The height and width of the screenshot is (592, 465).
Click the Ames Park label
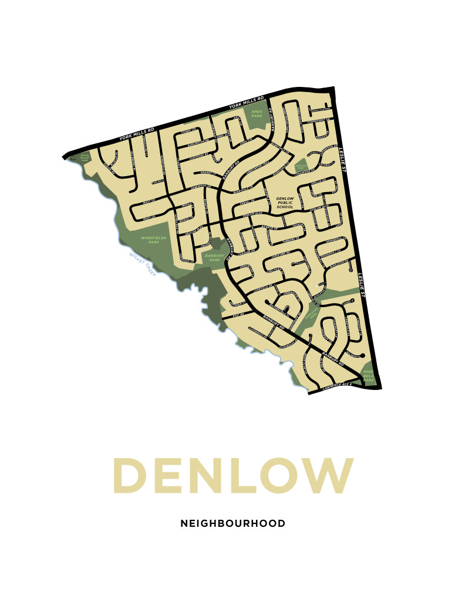tap(257, 113)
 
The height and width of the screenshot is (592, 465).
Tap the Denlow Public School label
tap(285, 203)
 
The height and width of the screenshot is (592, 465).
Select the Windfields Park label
tap(154, 240)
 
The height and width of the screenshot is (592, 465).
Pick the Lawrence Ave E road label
tap(337, 388)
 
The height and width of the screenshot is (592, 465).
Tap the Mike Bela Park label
tap(368, 376)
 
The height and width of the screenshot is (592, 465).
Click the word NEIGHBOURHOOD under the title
tap(232, 523)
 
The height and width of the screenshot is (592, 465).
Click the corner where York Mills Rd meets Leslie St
tap(333, 90)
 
